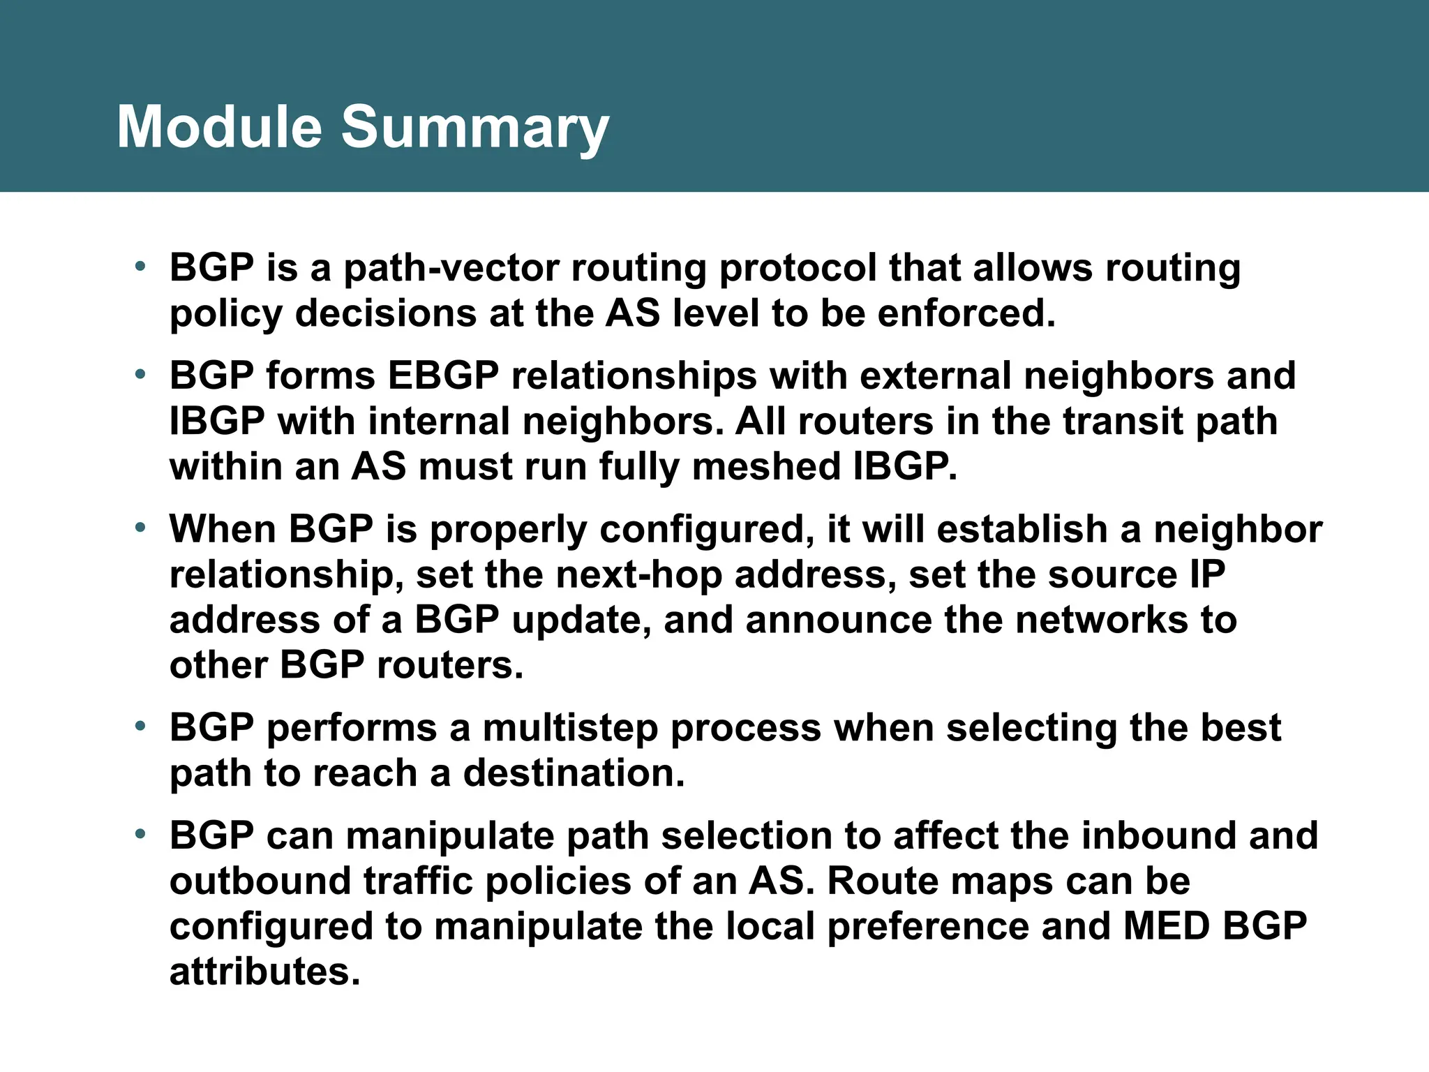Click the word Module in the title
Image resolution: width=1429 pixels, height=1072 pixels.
tap(219, 127)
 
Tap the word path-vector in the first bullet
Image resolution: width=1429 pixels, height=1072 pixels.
tap(451, 269)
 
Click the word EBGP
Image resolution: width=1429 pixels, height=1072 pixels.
tap(443, 376)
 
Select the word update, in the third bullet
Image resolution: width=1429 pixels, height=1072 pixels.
tap(582, 620)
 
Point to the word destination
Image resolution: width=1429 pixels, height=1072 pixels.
tap(574, 773)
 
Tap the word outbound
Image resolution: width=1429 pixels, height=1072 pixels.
tap(260, 881)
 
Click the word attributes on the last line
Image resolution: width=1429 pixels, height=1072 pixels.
tap(264, 972)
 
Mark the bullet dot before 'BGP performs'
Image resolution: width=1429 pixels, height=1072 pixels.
tap(140, 727)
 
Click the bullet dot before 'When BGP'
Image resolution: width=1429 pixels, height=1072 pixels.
tap(140, 528)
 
